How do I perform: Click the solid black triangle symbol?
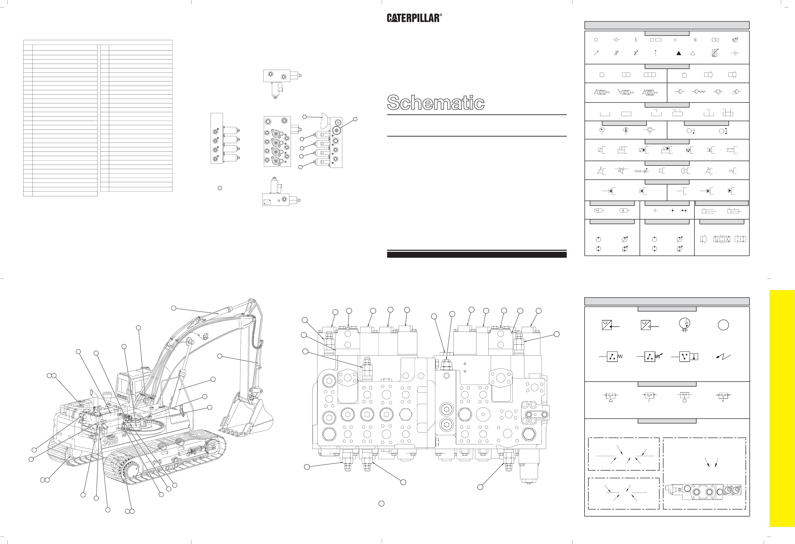pyautogui.click(x=679, y=53)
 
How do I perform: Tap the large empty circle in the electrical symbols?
pyautogui.click(x=723, y=325)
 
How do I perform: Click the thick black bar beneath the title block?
pyautogui.click(x=477, y=254)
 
